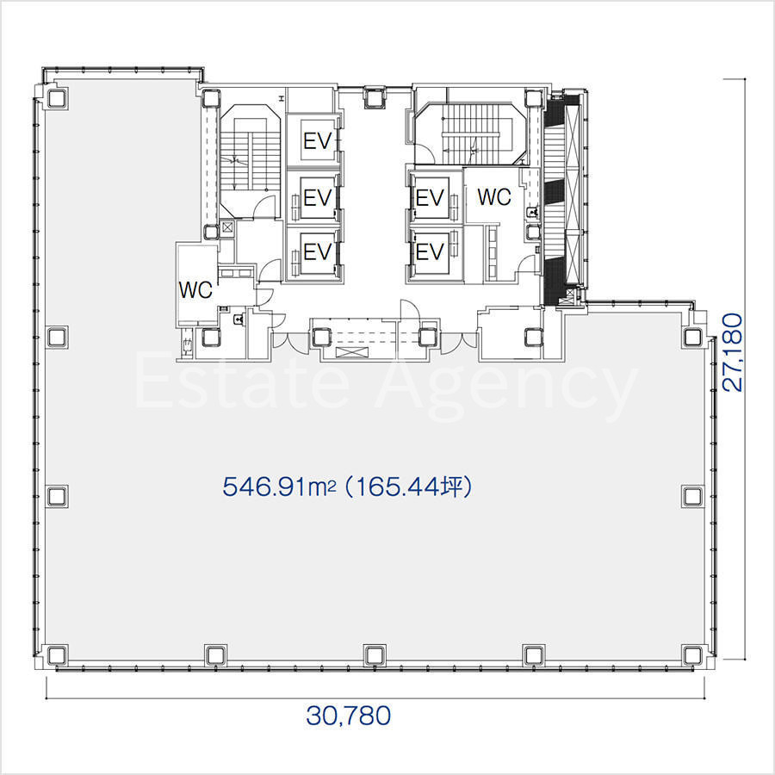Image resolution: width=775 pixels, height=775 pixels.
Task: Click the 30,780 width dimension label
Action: click(349, 716)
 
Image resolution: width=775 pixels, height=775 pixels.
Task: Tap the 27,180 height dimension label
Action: click(733, 352)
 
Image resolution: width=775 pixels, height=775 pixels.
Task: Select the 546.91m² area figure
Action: click(279, 487)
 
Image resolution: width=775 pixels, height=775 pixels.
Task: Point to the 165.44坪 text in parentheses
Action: click(409, 487)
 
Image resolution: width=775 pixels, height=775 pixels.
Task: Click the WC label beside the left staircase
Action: click(195, 290)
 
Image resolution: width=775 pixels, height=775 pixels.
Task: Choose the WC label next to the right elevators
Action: click(493, 196)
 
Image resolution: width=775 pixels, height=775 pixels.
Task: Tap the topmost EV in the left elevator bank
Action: click(317, 141)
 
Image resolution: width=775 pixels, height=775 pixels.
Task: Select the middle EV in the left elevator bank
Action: click(317, 198)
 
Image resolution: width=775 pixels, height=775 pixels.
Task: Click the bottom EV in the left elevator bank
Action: click(317, 252)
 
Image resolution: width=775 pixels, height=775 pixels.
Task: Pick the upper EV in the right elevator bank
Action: click(430, 198)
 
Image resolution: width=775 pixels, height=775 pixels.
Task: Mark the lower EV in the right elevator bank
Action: click(430, 252)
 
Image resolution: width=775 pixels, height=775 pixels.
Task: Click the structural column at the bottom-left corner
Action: click(57, 655)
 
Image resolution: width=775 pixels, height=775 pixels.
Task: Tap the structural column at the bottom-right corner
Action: click(692, 655)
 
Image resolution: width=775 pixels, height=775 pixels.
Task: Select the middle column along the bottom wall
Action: click(375, 655)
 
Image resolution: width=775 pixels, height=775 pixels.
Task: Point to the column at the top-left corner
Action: click(57, 98)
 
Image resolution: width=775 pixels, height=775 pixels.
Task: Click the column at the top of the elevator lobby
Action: click(375, 96)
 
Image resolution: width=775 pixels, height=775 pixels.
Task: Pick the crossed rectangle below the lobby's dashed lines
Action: click(352, 352)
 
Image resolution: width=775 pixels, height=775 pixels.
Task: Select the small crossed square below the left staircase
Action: click(226, 228)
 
